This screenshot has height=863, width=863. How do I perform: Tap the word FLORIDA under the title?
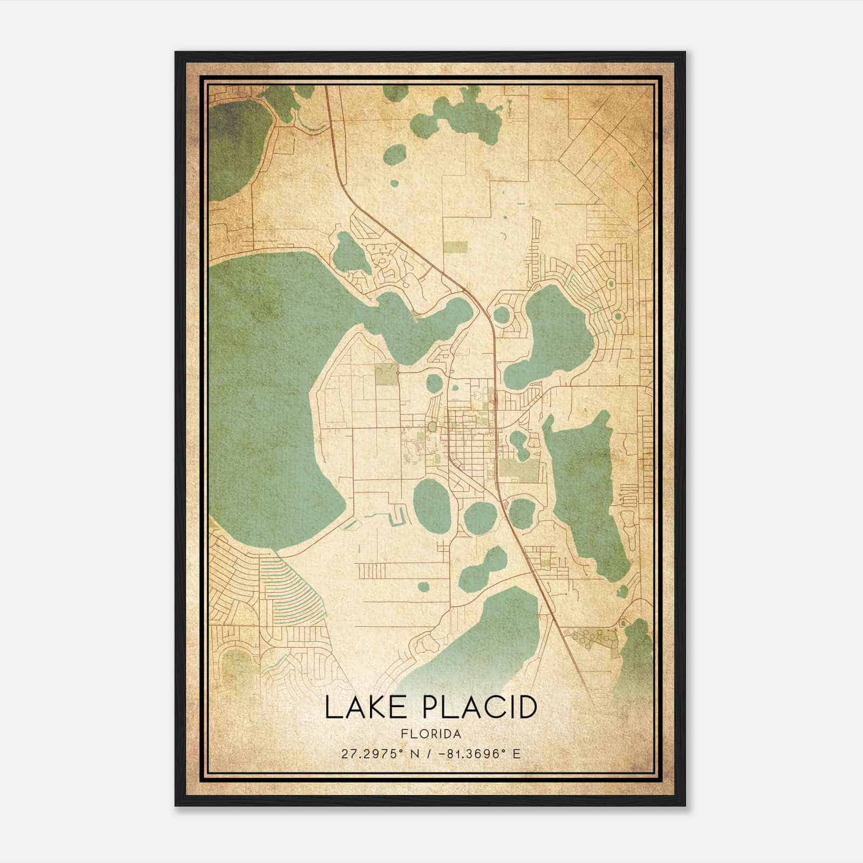click(x=431, y=734)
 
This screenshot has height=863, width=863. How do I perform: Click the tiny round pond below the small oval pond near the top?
click(x=394, y=183)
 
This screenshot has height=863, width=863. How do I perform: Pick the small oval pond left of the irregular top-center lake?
click(x=395, y=155)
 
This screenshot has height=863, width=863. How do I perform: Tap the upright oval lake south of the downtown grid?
click(x=432, y=506)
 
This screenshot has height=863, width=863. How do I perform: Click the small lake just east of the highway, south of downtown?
click(x=520, y=512)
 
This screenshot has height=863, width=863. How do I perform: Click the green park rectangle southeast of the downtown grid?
click(x=518, y=469)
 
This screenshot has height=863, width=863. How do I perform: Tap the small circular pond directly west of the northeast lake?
click(x=501, y=315)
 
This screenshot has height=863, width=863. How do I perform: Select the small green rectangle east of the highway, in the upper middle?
click(x=456, y=246)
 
